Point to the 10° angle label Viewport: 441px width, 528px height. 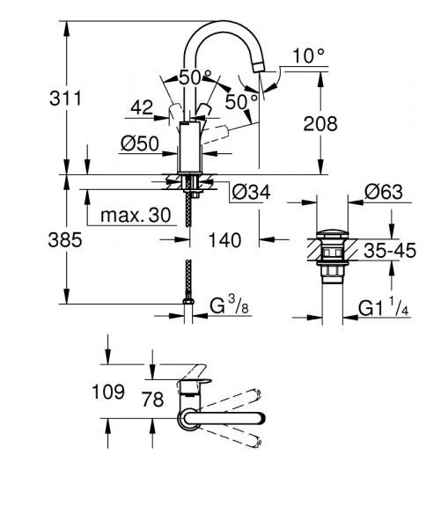(309, 55)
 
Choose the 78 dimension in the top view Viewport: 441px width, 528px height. (153, 400)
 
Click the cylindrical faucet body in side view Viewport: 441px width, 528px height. (191, 147)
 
